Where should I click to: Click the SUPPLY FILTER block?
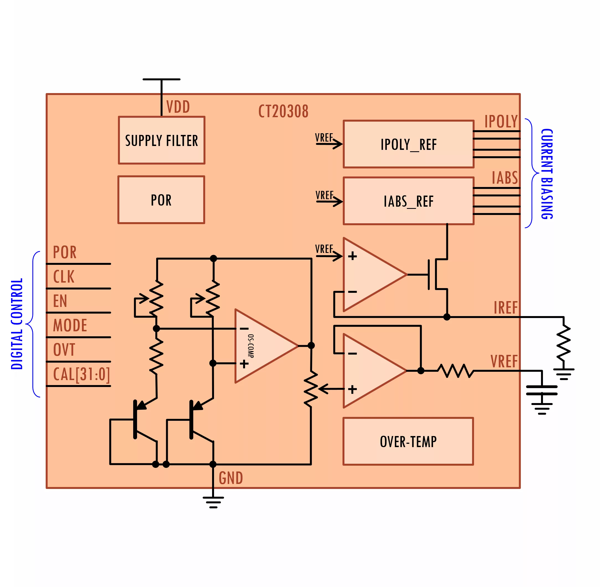click(x=161, y=140)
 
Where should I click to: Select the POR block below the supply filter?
click(x=161, y=200)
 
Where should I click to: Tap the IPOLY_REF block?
click(x=408, y=144)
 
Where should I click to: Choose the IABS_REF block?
click(x=408, y=201)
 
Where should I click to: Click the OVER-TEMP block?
click(x=408, y=442)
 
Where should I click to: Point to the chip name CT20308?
click(x=283, y=111)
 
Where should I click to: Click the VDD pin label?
click(x=178, y=107)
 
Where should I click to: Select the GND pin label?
click(x=231, y=478)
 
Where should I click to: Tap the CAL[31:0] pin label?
click(x=81, y=374)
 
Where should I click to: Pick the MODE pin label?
click(x=70, y=325)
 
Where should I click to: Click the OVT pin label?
click(x=64, y=350)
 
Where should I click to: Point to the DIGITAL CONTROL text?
click(x=17, y=324)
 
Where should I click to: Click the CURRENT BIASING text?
click(x=547, y=174)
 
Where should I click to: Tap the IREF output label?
click(x=505, y=308)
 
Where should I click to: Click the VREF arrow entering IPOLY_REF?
click(x=329, y=144)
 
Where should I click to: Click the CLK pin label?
click(x=64, y=276)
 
